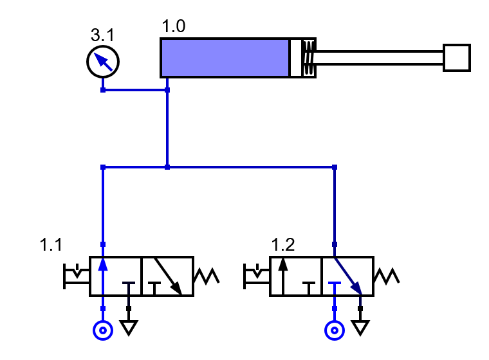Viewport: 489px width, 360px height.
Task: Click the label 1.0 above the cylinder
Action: click(174, 28)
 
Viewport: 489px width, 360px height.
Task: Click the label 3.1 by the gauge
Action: click(104, 34)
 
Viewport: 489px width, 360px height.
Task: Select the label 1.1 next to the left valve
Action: click(51, 245)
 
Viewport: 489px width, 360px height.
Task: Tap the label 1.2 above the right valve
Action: click(282, 245)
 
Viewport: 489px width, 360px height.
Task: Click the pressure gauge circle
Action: click(103, 62)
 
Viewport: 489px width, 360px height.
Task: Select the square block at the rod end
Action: click(457, 58)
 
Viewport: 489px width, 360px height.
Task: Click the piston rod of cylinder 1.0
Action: click(380, 59)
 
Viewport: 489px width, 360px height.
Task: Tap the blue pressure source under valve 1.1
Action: click(103, 330)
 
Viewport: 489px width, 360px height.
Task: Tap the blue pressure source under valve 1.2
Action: click(334, 330)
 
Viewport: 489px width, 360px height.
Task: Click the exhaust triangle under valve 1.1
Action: click(129, 328)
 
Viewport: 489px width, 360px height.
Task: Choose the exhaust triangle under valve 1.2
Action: click(361, 328)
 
